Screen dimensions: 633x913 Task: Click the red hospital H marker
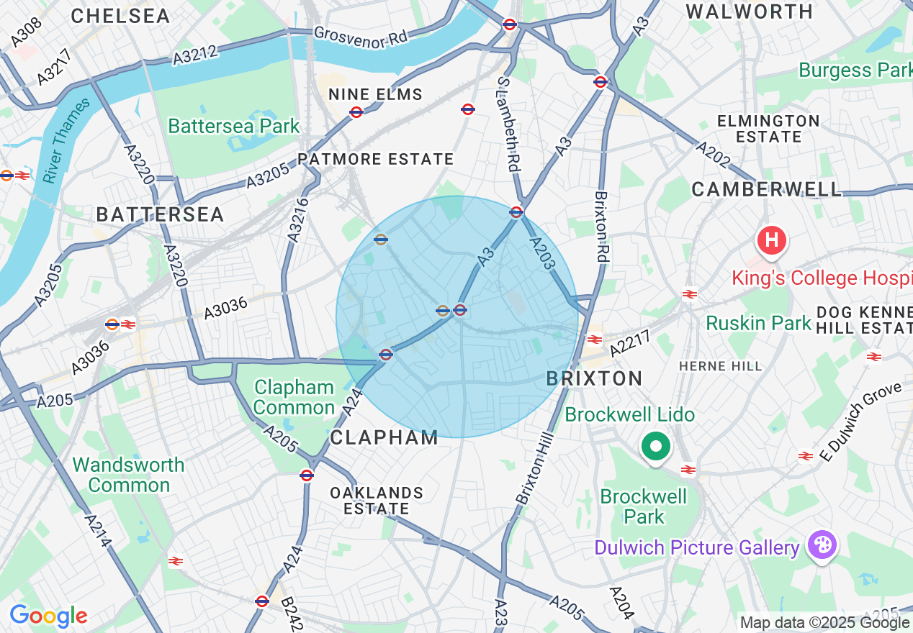(x=771, y=240)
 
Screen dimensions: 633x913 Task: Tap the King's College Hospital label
(x=821, y=278)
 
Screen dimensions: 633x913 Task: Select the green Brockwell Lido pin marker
(x=655, y=447)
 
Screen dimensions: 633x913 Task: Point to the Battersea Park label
(x=233, y=126)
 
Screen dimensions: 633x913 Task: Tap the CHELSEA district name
(x=120, y=16)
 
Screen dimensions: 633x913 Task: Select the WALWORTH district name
(x=750, y=12)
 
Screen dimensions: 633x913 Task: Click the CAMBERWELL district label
(x=766, y=189)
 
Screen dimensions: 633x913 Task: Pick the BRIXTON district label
(x=595, y=378)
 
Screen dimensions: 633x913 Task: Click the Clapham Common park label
(x=294, y=398)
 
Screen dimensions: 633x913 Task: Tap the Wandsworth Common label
(x=129, y=475)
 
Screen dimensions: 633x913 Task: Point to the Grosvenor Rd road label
(x=361, y=37)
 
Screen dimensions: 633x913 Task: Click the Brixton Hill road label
(x=534, y=468)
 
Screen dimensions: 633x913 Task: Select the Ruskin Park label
(x=758, y=323)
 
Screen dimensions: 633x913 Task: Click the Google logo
(x=48, y=616)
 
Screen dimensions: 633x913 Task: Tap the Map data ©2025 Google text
(x=824, y=623)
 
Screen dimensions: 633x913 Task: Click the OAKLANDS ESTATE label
(x=376, y=501)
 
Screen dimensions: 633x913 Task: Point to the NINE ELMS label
(x=375, y=95)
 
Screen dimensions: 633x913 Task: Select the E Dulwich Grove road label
(x=861, y=422)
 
